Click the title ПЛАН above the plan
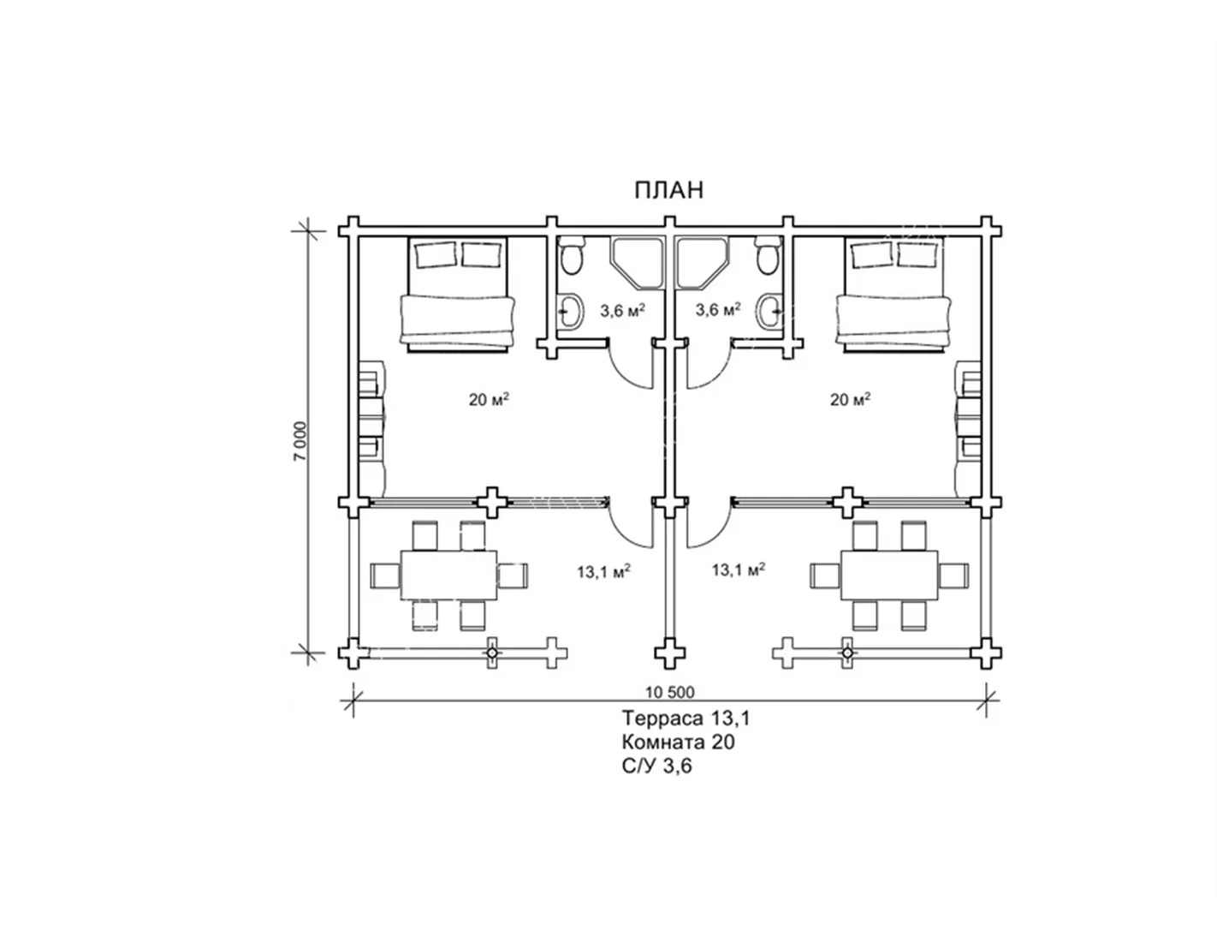click(x=668, y=190)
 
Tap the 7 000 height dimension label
click(x=300, y=441)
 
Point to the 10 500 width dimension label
click(x=670, y=693)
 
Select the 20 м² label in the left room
click(x=489, y=399)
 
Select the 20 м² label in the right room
click(x=850, y=399)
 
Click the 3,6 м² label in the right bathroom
click(x=718, y=309)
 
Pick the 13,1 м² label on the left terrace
click(x=603, y=571)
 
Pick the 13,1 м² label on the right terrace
click(x=739, y=569)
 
